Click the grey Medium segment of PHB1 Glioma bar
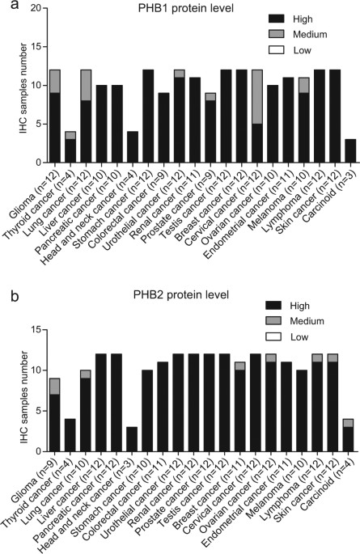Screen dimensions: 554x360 tap(55, 81)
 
